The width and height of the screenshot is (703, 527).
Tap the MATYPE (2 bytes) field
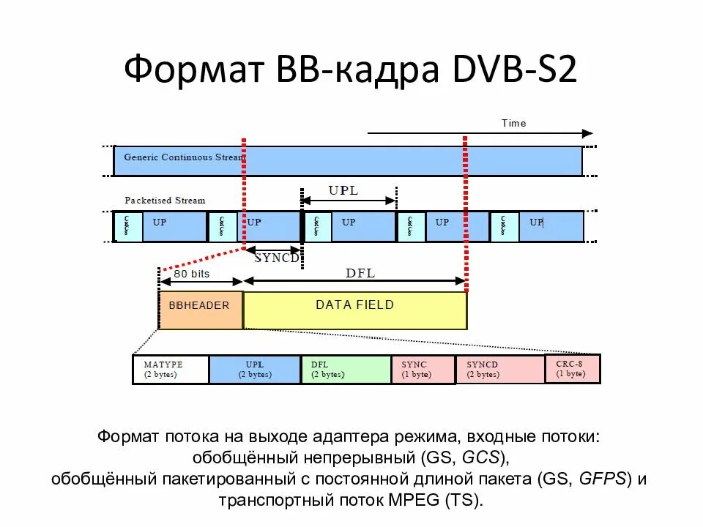point(170,370)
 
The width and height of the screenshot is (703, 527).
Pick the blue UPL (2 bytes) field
point(254,370)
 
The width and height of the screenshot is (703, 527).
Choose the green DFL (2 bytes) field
point(345,370)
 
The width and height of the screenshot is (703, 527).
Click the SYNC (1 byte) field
point(423,370)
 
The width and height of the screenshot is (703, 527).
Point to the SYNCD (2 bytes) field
point(499,370)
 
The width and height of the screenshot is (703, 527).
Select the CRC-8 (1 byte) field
point(572,369)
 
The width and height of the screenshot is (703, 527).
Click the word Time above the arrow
point(513,123)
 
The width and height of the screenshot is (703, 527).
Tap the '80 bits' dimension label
point(191,274)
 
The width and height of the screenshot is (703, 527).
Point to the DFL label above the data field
point(360,273)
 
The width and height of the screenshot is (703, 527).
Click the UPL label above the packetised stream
point(343,191)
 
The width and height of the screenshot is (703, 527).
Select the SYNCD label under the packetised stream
point(276,258)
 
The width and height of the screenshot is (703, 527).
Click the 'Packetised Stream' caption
point(165,200)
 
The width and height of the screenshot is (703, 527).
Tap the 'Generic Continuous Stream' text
point(183,157)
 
